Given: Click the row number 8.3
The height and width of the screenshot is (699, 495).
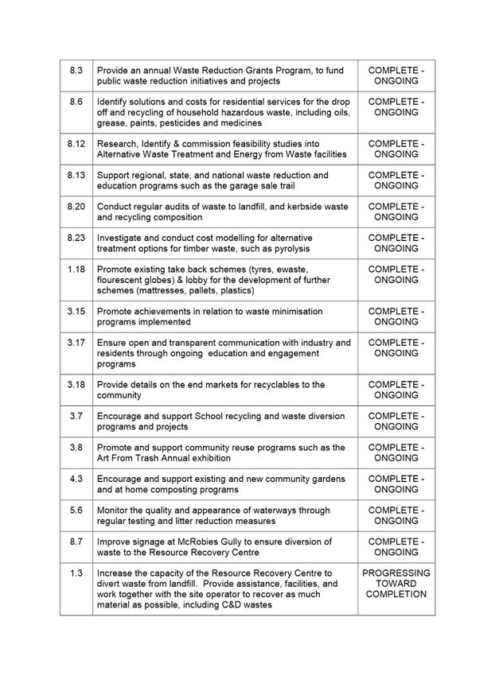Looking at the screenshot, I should [76, 71].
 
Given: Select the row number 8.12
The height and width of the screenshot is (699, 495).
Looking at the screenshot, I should [76, 143].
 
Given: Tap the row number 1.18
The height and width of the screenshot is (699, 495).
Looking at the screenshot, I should [76, 270].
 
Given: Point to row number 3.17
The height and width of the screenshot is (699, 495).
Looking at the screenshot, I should [76, 343].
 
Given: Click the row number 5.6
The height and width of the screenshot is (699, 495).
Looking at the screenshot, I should [76, 511].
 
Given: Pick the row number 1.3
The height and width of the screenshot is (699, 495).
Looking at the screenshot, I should [76, 573].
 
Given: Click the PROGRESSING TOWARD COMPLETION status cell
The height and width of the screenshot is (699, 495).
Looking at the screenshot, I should [396, 584].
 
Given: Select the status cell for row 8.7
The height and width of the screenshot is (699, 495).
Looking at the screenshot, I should [396, 547].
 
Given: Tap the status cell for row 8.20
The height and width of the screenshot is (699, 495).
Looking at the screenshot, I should [396, 212].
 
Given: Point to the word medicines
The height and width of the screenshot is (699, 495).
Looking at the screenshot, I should [239, 123].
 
